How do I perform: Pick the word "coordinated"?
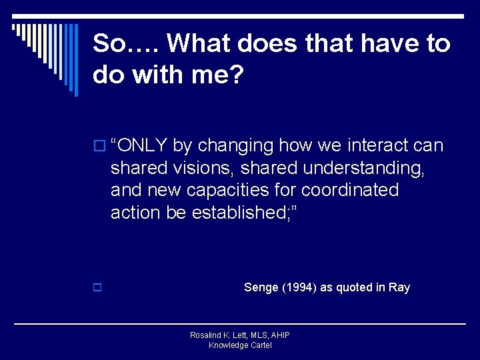[350, 191]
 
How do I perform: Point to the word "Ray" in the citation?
[399, 288]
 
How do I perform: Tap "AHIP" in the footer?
[279, 335]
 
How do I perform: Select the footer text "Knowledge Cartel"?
[240, 345]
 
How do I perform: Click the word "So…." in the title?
[126, 44]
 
